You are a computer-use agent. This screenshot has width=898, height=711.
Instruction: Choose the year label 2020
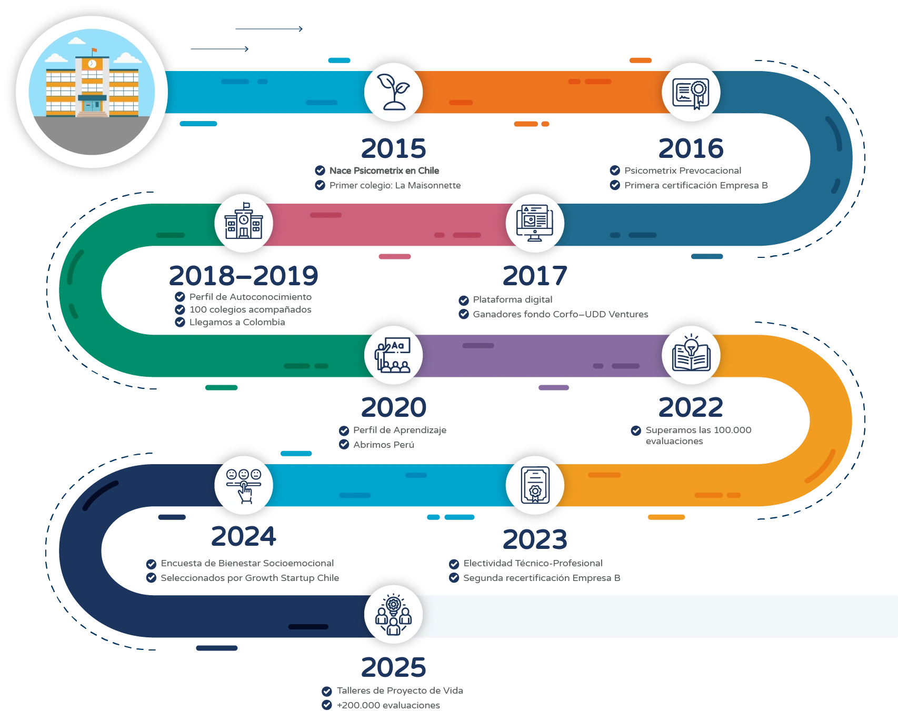(x=394, y=407)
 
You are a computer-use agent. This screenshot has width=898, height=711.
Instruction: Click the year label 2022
(x=691, y=407)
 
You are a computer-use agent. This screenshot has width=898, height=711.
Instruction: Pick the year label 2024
(x=244, y=537)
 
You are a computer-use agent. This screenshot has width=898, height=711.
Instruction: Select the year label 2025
(x=394, y=667)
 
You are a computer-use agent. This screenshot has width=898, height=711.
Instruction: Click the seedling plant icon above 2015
(x=394, y=92)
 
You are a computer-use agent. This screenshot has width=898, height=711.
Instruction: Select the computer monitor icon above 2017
(x=535, y=223)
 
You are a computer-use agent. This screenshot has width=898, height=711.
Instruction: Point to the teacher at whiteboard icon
(x=393, y=355)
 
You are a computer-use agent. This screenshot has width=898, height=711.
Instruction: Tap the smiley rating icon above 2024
(x=244, y=485)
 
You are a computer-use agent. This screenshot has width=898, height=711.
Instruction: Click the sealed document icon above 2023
(x=535, y=485)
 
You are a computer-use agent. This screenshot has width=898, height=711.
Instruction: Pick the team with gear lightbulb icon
(x=393, y=614)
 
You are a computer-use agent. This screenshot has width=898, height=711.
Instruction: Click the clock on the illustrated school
(x=92, y=64)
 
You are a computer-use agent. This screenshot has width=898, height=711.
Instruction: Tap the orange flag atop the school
(x=94, y=51)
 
